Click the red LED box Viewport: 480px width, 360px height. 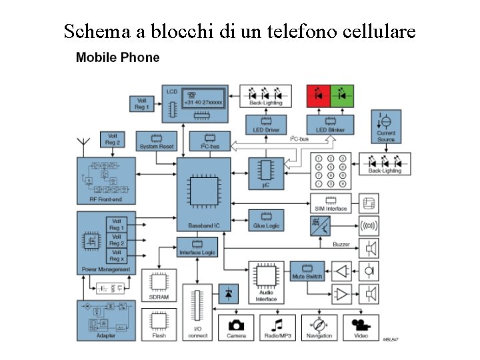click(318, 95)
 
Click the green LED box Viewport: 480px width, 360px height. click(342, 95)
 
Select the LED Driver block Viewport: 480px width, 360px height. click(266, 125)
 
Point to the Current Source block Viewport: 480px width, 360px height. click(385, 128)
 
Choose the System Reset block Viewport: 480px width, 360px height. click(157, 141)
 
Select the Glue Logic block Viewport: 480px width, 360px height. click(266, 220)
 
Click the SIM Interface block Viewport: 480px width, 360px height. click(331, 203)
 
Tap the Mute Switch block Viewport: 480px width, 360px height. click(307, 271)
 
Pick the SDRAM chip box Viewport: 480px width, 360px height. click(159, 285)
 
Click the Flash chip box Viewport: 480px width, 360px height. click(159, 324)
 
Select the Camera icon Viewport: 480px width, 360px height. click(236, 326)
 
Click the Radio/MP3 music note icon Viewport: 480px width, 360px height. click(277, 326)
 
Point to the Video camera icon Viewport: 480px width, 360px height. click(361, 326)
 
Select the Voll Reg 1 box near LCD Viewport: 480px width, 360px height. click(141, 103)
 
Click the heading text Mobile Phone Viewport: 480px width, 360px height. click(118, 57)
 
